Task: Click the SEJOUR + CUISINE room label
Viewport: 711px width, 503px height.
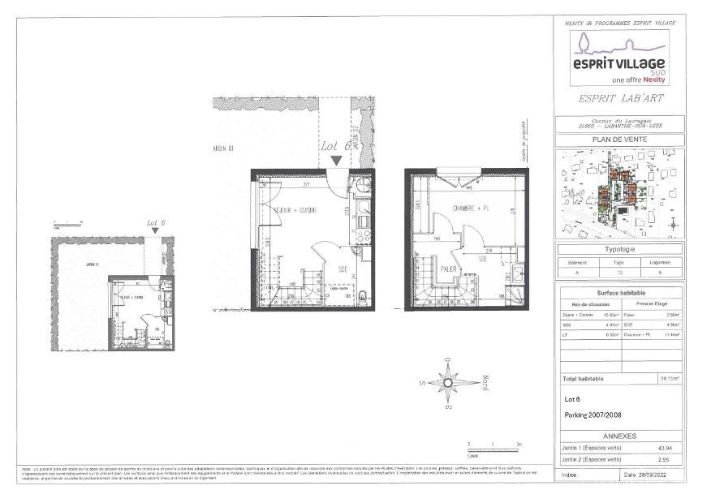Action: click(295, 210)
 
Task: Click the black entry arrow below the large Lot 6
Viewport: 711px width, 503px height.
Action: click(336, 161)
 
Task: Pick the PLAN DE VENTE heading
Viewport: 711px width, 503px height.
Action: click(619, 140)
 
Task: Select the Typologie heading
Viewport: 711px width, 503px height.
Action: click(619, 250)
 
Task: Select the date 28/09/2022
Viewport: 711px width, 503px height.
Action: click(652, 475)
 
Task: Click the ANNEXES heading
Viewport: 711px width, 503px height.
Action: click(619, 435)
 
